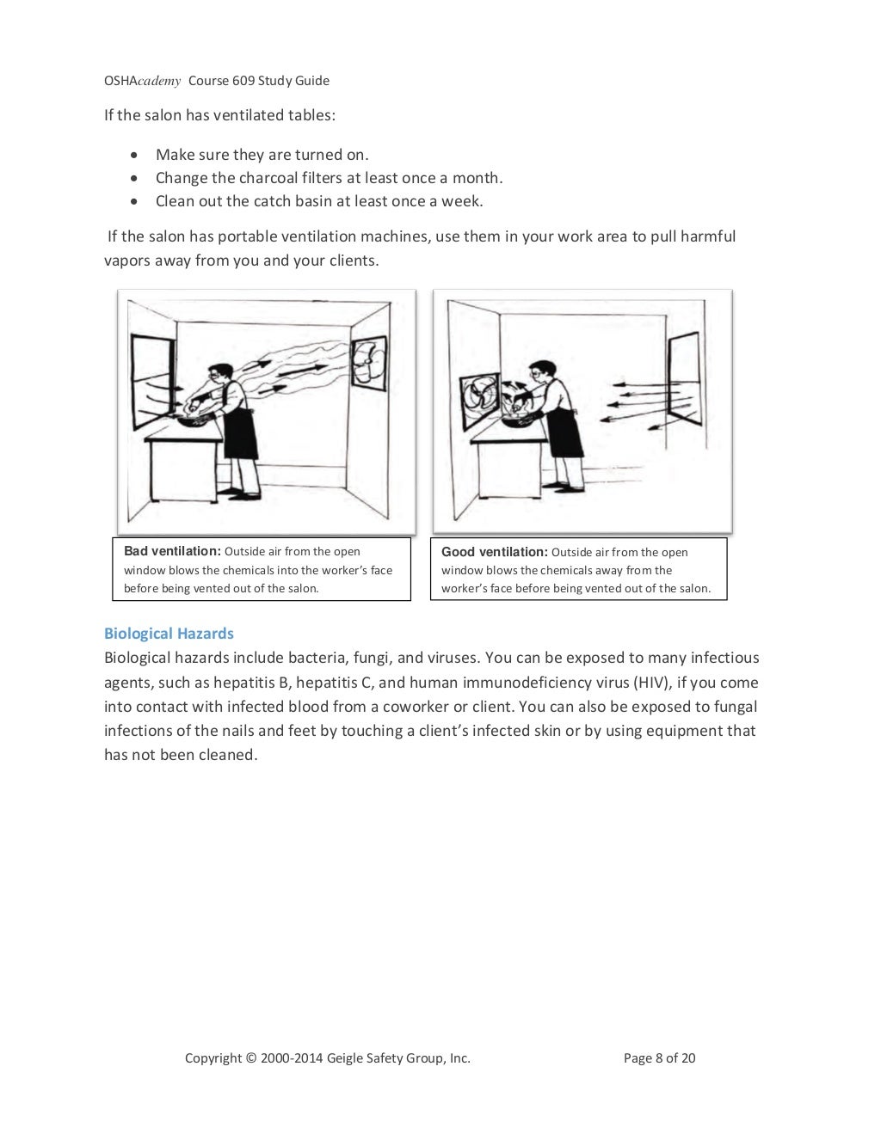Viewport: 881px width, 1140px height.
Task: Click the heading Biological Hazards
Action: pos(169,634)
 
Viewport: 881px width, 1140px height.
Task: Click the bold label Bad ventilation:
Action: pos(172,551)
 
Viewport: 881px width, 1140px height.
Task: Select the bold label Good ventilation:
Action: pos(494,552)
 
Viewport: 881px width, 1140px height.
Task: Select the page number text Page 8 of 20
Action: pos(659,1058)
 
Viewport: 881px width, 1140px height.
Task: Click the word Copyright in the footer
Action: pos(213,1058)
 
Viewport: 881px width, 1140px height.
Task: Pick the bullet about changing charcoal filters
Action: pos(329,178)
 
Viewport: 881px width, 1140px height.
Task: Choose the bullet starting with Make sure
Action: pos(262,155)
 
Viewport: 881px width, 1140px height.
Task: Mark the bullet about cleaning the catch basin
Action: pos(319,201)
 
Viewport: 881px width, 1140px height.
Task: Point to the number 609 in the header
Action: pos(243,81)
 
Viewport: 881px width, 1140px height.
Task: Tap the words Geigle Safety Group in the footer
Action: pos(386,1058)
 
